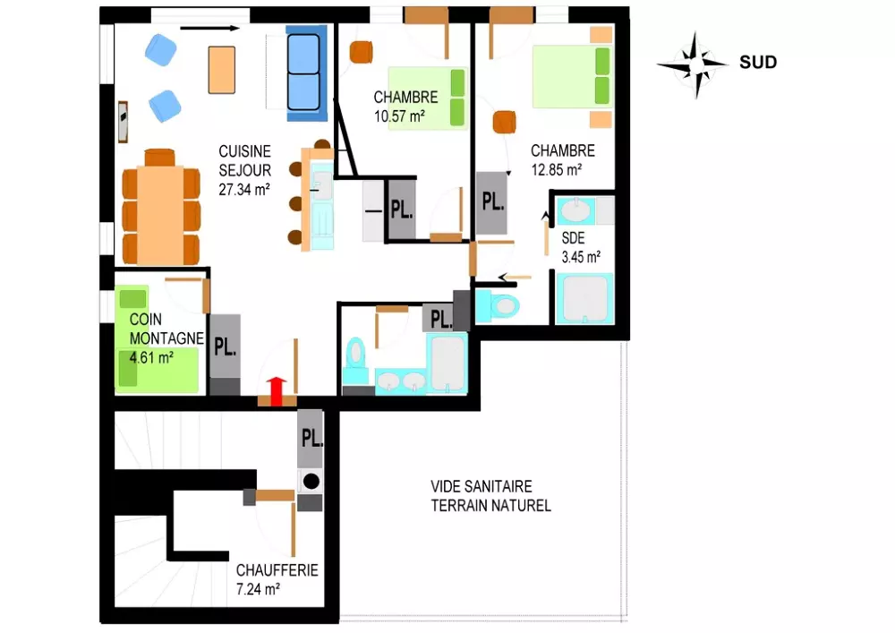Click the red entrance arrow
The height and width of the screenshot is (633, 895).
pos(277,391)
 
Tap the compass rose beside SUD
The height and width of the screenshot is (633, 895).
pos(693,65)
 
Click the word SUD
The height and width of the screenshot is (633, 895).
pos(758,62)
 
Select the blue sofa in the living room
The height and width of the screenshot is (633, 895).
pos(306,73)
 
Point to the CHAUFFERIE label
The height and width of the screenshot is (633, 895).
pos(277,570)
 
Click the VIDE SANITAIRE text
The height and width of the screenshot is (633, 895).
pos(482,486)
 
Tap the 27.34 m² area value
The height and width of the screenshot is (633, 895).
pos(244,189)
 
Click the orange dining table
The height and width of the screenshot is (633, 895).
pos(160,215)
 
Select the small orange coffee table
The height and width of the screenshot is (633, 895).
pos(222,70)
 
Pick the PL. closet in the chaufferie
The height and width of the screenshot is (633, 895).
pos(311,439)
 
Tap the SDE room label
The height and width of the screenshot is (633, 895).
pos(573,237)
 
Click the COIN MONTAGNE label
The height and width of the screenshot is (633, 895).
pos(166,329)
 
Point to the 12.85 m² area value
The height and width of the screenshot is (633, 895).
pos(557,169)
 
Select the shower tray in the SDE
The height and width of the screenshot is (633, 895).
pos(584,299)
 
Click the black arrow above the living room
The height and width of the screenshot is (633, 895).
pos(209,28)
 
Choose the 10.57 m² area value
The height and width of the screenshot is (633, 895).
pos(399,116)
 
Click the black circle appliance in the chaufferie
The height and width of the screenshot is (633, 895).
pos(311,481)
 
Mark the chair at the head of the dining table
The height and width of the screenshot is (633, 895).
pos(159,158)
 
